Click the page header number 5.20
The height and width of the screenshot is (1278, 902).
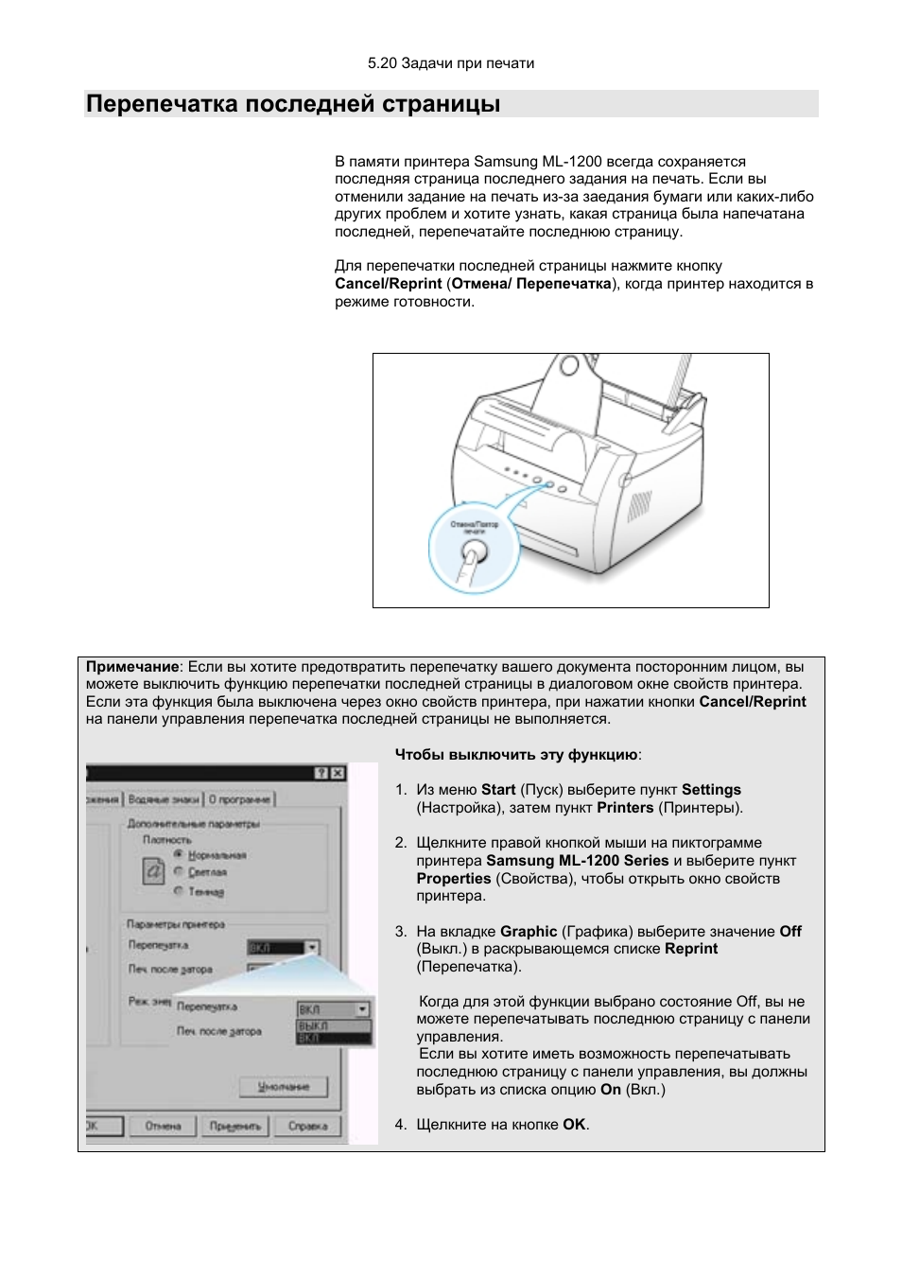382,63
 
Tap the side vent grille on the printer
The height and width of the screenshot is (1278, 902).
640,506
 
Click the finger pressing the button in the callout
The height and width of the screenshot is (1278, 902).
471,560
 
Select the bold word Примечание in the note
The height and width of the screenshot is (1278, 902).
132,667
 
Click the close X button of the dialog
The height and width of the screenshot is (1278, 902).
338,773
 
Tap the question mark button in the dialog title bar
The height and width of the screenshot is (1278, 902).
321,773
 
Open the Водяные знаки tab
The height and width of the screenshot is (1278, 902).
164,799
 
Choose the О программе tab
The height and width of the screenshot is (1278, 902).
239,799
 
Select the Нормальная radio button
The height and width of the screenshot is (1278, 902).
178,854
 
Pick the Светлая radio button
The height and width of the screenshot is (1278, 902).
178,871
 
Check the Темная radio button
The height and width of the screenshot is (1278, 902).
178,890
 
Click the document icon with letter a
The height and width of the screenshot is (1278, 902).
153,870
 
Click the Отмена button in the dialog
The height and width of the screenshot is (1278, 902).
164,1126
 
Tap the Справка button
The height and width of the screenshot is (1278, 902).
307,1126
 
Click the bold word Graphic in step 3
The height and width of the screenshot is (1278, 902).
529,932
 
